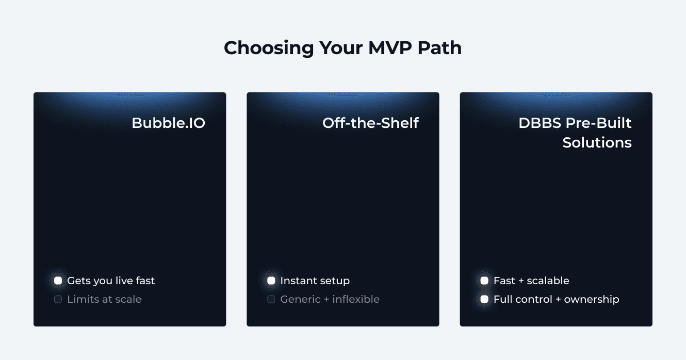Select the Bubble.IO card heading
coord(168,123)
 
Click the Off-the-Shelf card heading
coord(370,123)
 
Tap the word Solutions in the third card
coord(597,142)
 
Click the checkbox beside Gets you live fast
coord(58,281)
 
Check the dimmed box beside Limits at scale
coord(58,299)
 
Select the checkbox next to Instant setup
coord(271,281)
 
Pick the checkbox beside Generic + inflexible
coord(271,299)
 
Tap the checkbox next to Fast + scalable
coord(484,281)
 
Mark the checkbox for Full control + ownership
coord(484,299)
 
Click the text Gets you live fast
coord(111,281)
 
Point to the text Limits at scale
coord(104,299)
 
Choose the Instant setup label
coord(315,281)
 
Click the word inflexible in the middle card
coord(356,299)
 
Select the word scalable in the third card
coord(549,281)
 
